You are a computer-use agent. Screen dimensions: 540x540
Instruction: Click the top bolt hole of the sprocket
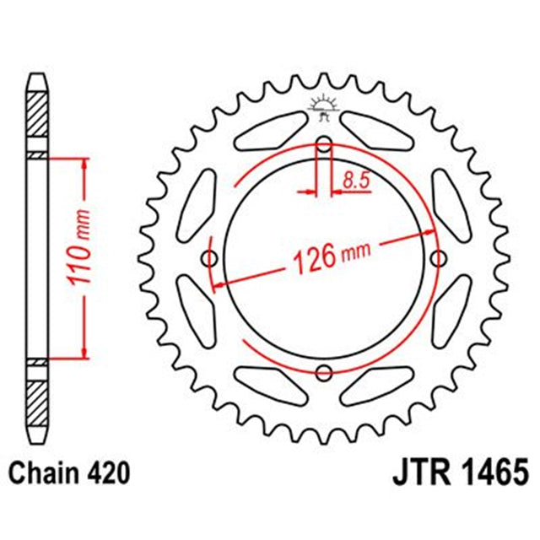[324, 143]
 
